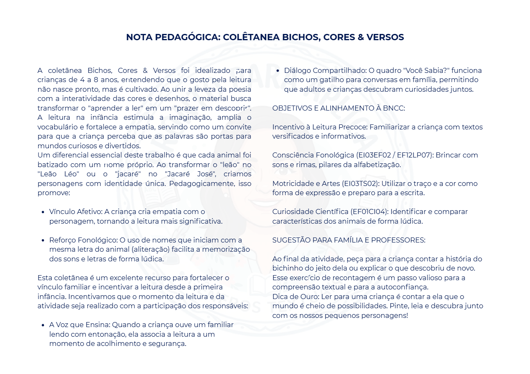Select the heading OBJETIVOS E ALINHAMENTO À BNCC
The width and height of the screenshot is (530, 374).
[x=339, y=108]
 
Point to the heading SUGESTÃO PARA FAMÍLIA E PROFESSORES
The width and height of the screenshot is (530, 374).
[x=349, y=240]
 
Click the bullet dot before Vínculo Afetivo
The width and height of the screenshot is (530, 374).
[x=43, y=212]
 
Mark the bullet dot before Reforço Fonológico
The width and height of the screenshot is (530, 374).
[x=43, y=240]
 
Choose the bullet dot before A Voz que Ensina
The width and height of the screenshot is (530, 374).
[x=43, y=325]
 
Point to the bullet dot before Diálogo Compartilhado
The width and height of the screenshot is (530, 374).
[x=278, y=71]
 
